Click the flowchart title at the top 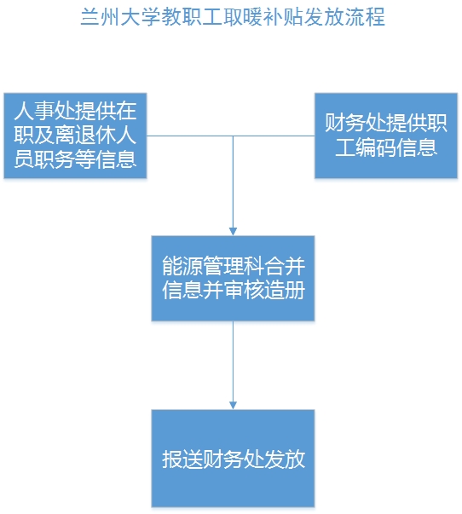[x=233, y=17]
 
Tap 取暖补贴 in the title [x=263, y=17]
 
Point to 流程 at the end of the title [x=366, y=17]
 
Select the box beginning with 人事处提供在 [x=75, y=136]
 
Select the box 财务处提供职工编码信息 [x=386, y=136]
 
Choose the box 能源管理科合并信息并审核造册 [x=233, y=278]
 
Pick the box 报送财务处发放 [x=233, y=459]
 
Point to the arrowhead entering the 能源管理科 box [x=233, y=232]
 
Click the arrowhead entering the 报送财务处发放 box [x=233, y=405]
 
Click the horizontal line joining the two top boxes [x=230, y=136]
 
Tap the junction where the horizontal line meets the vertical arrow [x=233, y=136]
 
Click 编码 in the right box [x=376, y=147]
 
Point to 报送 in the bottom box [x=182, y=459]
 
